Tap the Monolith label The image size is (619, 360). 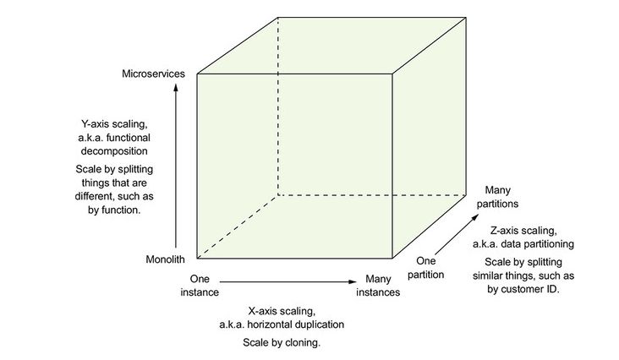coord(164,259)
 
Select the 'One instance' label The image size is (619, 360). coord(200,285)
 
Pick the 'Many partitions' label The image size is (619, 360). coord(496,197)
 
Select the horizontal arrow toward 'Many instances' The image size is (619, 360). coord(288,280)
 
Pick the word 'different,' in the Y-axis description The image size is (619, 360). coord(107,195)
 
